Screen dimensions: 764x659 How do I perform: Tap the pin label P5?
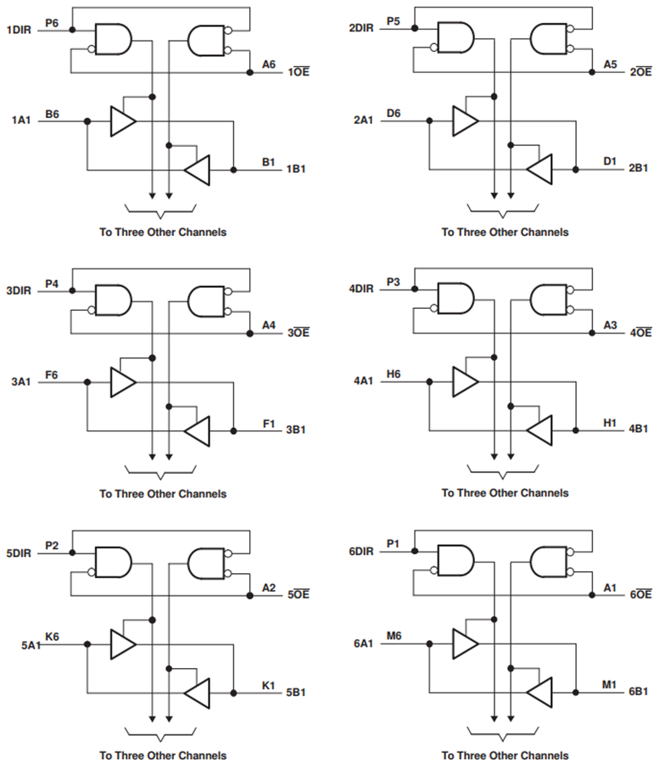394,20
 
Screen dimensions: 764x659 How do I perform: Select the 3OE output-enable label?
299,334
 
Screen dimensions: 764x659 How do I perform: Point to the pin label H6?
394,374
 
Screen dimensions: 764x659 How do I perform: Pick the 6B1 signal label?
639,694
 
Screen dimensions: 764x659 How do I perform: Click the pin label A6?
269,64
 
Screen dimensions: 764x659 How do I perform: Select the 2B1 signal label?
639,170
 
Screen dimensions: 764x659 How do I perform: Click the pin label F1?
269,423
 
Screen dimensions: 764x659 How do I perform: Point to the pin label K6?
52,636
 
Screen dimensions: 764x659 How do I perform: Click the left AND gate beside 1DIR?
113,38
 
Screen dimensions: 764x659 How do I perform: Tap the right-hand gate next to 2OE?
549,38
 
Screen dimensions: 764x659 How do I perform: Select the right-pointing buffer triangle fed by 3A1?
123,382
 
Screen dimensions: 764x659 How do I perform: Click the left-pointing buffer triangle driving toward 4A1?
539,430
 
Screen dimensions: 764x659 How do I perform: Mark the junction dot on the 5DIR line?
72,553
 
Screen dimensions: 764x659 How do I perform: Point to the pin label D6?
394,113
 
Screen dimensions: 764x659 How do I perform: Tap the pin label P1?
392,543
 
